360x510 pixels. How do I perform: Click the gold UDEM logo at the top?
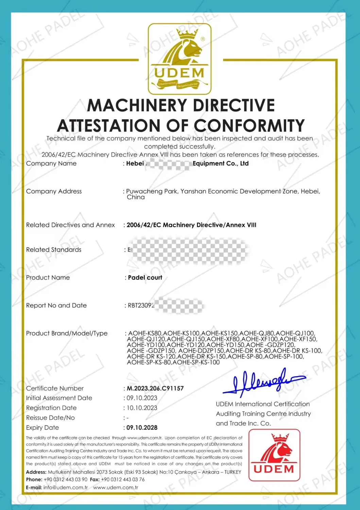[179, 59]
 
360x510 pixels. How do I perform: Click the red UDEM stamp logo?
[274, 455]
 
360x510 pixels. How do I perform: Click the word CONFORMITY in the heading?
[249, 126]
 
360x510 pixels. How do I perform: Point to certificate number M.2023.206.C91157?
[155, 388]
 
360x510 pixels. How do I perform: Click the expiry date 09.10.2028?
[142, 428]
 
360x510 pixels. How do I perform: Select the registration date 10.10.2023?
[142, 408]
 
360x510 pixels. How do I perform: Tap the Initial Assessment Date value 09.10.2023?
[142, 398]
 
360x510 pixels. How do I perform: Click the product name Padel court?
[145, 278]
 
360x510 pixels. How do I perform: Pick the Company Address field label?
[54, 191]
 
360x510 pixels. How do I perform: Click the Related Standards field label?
[54, 250]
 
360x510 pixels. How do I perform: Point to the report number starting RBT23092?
[141, 306]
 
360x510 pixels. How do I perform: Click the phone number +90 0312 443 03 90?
[65, 479]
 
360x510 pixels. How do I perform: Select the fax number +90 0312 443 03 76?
[123, 479]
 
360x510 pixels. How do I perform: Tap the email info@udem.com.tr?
[65, 488]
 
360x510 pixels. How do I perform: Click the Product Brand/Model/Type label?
[67, 333]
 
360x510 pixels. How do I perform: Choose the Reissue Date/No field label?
[50, 418]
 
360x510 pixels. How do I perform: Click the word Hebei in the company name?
[135, 164]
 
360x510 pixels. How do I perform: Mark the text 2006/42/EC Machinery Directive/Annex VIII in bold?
[191, 225]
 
